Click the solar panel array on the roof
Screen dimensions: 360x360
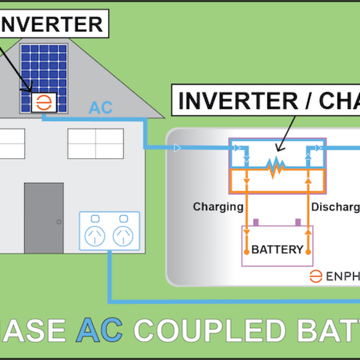[44, 70]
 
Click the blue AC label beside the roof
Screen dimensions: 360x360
[101, 108]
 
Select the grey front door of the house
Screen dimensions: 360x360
[44, 218]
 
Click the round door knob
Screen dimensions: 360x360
[59, 222]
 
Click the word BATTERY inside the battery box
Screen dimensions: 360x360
[277, 250]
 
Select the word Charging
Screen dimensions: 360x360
[218, 207]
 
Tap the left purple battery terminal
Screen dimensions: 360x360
[256, 222]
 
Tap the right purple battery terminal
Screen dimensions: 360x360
[298, 222]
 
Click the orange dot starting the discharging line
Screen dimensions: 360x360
[308, 252]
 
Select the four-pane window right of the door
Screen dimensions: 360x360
[96, 143]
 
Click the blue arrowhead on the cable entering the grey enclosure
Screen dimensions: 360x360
[177, 148]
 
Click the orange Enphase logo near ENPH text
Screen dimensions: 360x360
[316, 276]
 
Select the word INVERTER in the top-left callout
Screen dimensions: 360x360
[53, 25]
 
